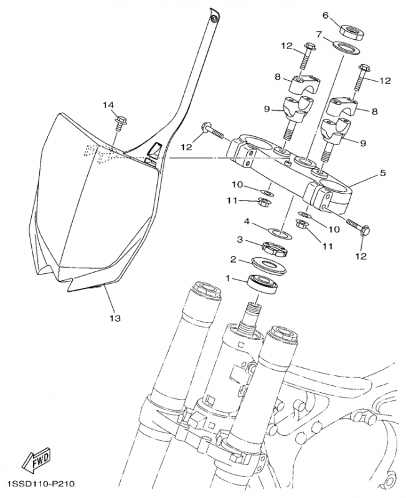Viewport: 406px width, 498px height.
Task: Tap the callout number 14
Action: pos(109,105)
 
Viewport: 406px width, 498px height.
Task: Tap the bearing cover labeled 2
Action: pos(269,265)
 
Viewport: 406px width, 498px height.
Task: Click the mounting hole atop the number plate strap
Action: pos(214,19)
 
